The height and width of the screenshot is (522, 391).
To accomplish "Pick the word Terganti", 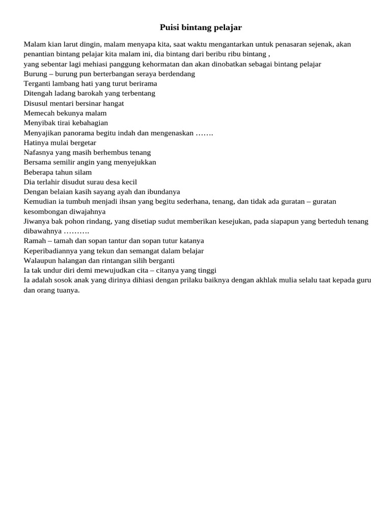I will point(37,84).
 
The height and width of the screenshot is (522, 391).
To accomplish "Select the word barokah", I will point(87,93).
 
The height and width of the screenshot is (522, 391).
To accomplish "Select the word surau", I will point(91,182).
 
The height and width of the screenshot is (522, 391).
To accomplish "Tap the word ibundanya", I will point(162,192).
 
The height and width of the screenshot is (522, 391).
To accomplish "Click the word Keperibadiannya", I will point(51,251).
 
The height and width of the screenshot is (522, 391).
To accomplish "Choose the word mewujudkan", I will point(116,271).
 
